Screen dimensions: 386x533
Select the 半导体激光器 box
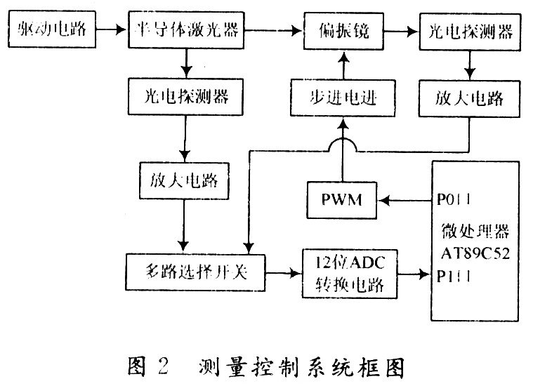tap(185, 30)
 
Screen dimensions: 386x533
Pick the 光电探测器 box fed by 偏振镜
tap(469, 30)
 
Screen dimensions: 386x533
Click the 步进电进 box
tap(342, 98)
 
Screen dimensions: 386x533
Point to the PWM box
tap(341, 199)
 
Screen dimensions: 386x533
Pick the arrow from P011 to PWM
tap(404, 199)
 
